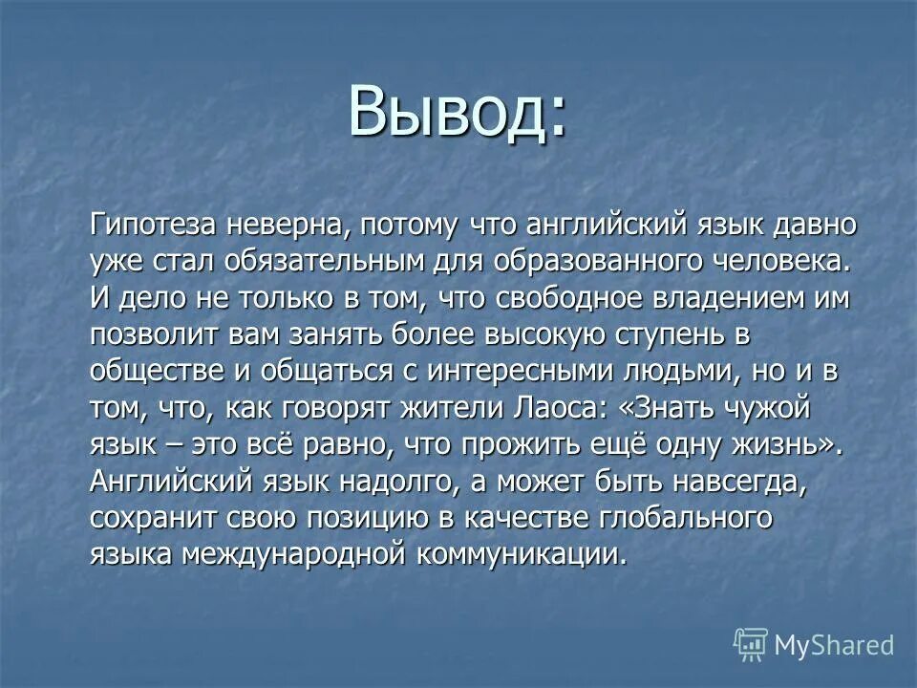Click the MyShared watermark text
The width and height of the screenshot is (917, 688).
click(x=833, y=644)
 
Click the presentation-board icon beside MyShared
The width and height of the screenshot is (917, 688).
click(x=751, y=644)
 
